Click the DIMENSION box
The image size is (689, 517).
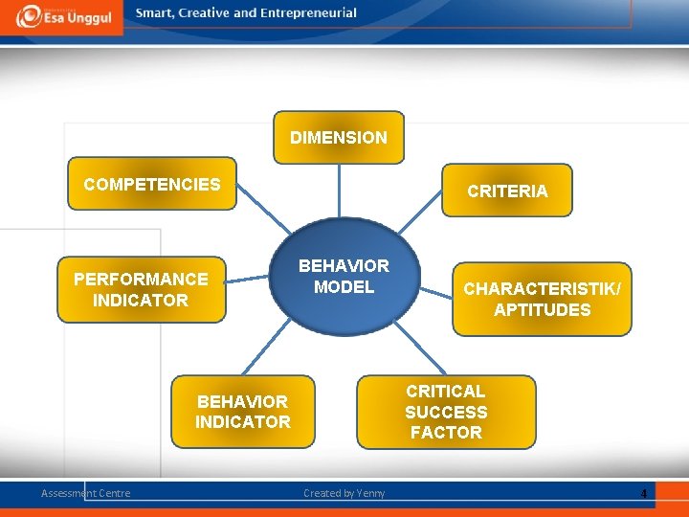tap(339, 138)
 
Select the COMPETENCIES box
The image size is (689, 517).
tap(152, 184)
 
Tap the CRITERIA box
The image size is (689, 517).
tap(507, 191)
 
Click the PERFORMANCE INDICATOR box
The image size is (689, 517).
tap(141, 289)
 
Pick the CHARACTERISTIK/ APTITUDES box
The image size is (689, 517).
tap(542, 299)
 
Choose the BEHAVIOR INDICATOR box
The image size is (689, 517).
tap(242, 412)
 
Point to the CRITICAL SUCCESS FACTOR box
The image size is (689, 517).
tap(446, 412)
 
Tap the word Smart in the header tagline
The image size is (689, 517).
tap(155, 13)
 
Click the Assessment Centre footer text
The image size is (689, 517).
tap(85, 493)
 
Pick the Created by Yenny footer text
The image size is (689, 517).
tap(344, 493)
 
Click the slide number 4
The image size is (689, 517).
tap(643, 494)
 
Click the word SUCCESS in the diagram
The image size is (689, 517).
tap(446, 413)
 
